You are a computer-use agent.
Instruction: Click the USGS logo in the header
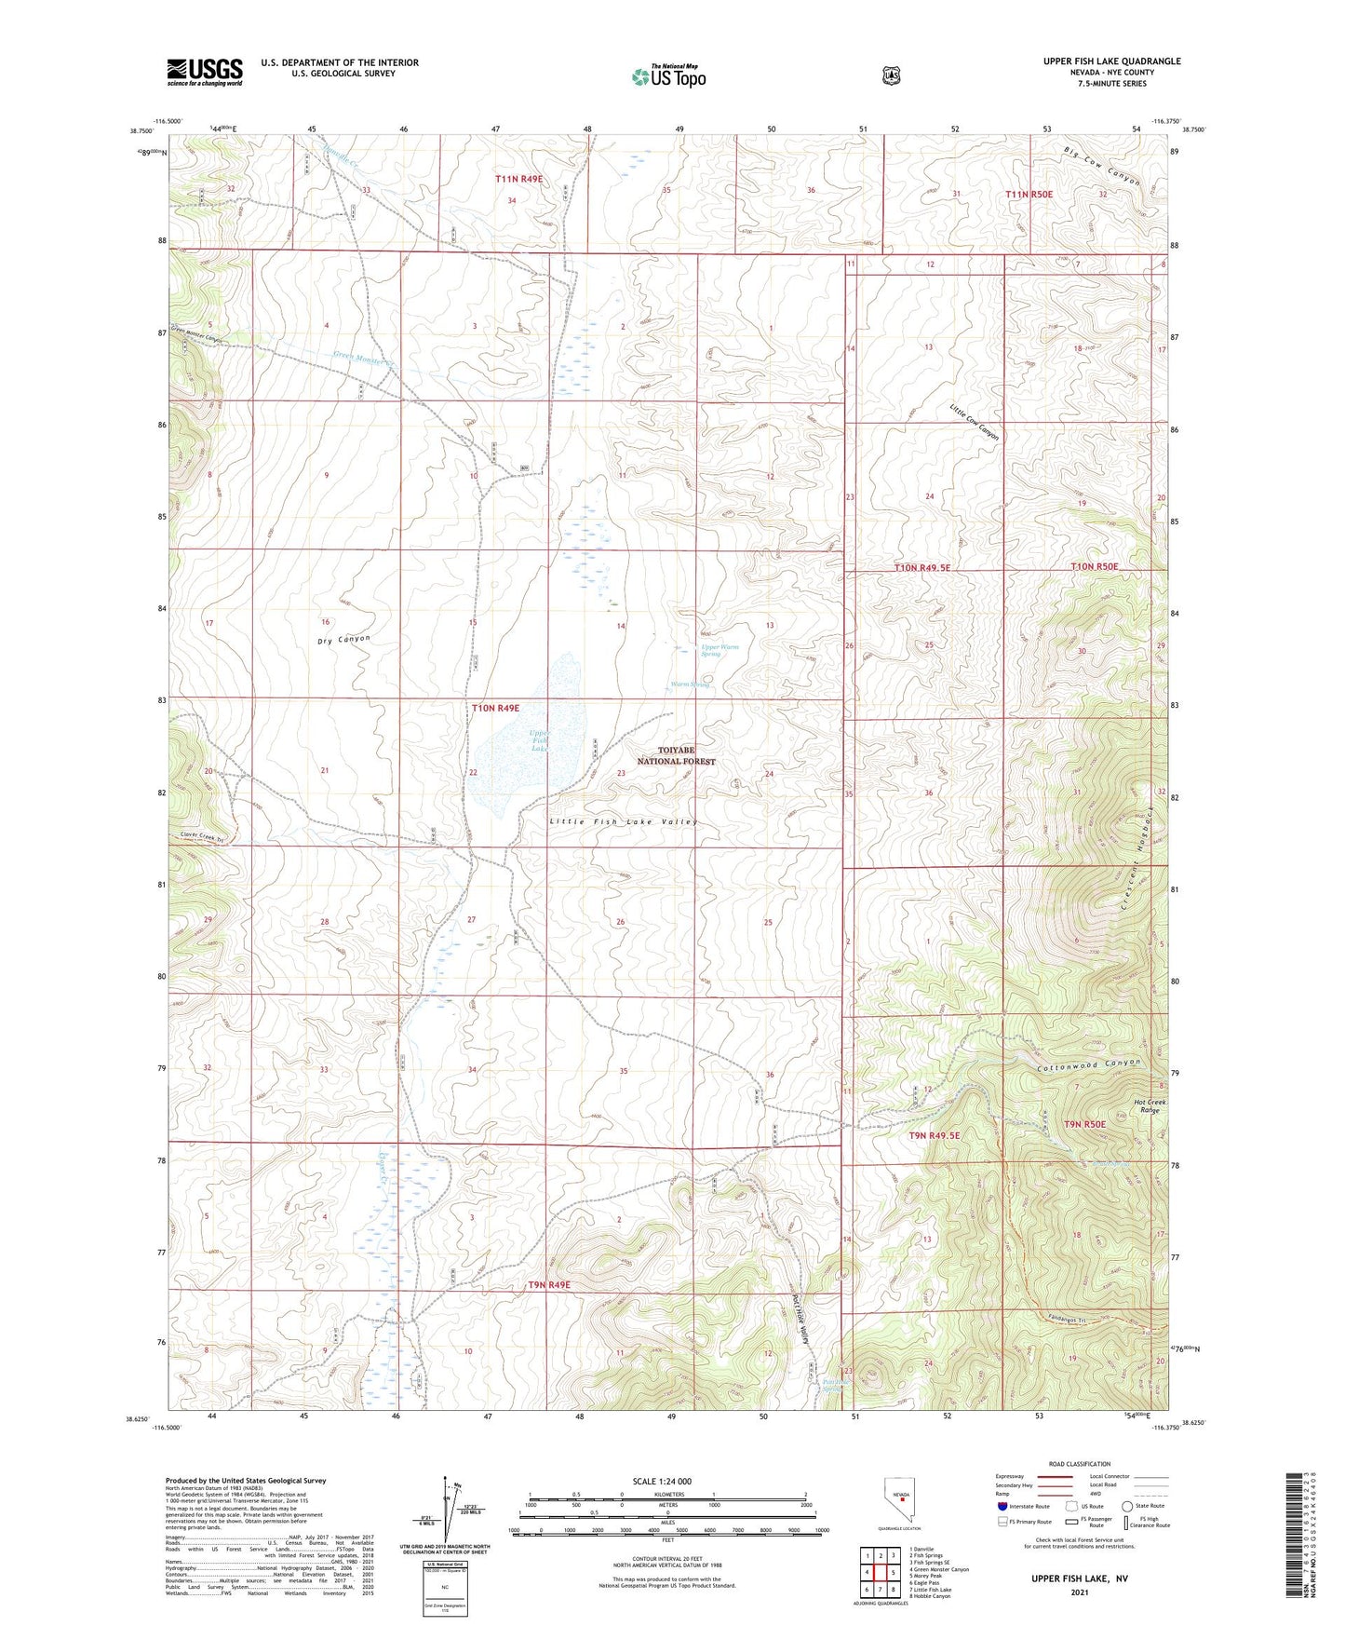[x=205, y=72]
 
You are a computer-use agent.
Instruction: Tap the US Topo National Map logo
[x=668, y=75]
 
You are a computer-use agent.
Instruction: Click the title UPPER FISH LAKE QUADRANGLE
[x=1111, y=61]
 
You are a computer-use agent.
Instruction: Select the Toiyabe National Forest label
[x=677, y=755]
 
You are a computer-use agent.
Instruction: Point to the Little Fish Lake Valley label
[x=623, y=822]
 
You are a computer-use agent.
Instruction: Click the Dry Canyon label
[x=343, y=641]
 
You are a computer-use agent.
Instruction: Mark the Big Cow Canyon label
[x=1102, y=167]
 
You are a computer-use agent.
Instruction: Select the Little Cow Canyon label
[x=975, y=422]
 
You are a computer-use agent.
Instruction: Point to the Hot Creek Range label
[x=1150, y=1106]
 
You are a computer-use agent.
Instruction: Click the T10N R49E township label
[x=495, y=709]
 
